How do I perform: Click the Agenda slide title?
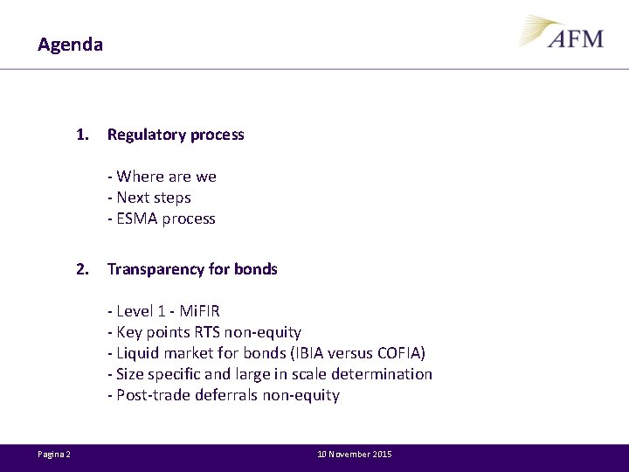pyautogui.click(x=70, y=44)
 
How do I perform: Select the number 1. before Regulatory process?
pyautogui.click(x=82, y=135)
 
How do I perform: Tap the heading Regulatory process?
pyautogui.click(x=176, y=135)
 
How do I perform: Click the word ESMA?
pyautogui.click(x=135, y=219)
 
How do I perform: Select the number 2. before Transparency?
pyautogui.click(x=82, y=269)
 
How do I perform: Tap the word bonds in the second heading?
pyautogui.click(x=255, y=269)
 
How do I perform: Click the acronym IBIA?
pyautogui.click(x=301, y=353)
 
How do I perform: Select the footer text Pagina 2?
pyautogui.click(x=54, y=455)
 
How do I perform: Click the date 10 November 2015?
pyautogui.click(x=355, y=455)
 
